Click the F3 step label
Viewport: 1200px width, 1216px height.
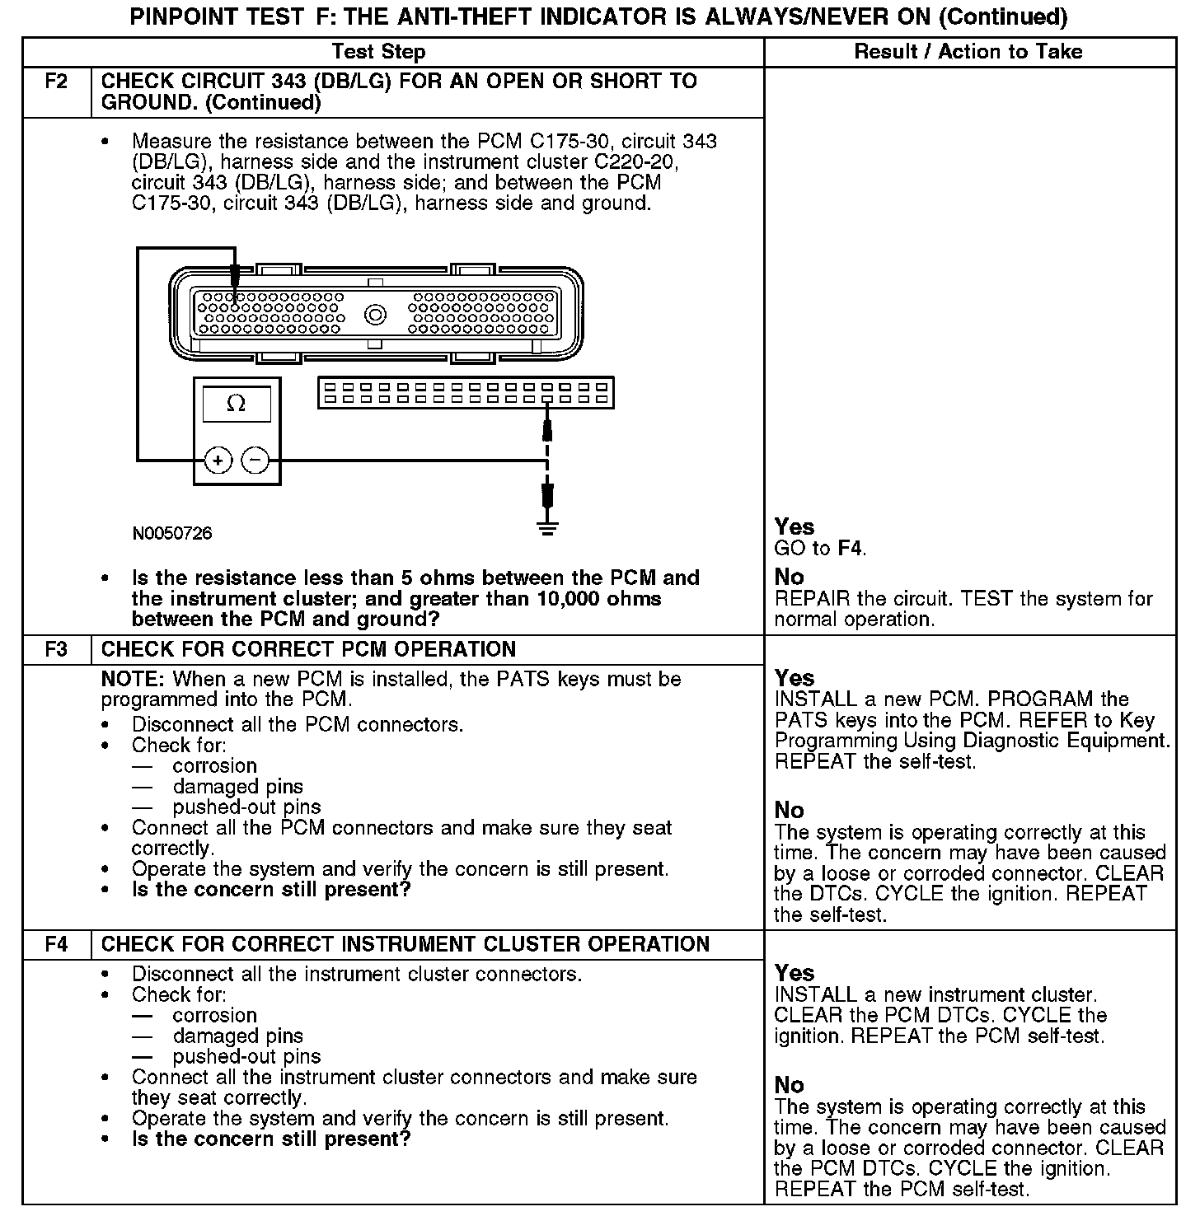click(x=55, y=650)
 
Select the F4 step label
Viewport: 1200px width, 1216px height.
click(x=55, y=945)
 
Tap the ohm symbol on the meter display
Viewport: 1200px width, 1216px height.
click(x=237, y=405)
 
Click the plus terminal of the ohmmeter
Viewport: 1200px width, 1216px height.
click(x=218, y=461)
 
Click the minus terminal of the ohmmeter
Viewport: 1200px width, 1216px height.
click(x=255, y=461)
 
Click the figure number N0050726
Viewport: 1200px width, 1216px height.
click(x=172, y=534)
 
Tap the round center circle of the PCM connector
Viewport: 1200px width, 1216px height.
click(x=376, y=314)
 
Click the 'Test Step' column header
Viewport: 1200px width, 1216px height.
click(x=378, y=52)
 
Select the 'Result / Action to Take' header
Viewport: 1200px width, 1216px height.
click(x=968, y=52)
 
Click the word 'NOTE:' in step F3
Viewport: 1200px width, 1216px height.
click(x=133, y=680)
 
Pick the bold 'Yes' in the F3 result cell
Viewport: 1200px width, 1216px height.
click(x=795, y=678)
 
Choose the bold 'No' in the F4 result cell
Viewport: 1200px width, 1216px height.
click(x=789, y=1085)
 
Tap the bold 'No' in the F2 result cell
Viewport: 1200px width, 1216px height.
click(x=789, y=577)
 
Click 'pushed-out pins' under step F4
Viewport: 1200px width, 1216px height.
click(x=246, y=1057)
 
